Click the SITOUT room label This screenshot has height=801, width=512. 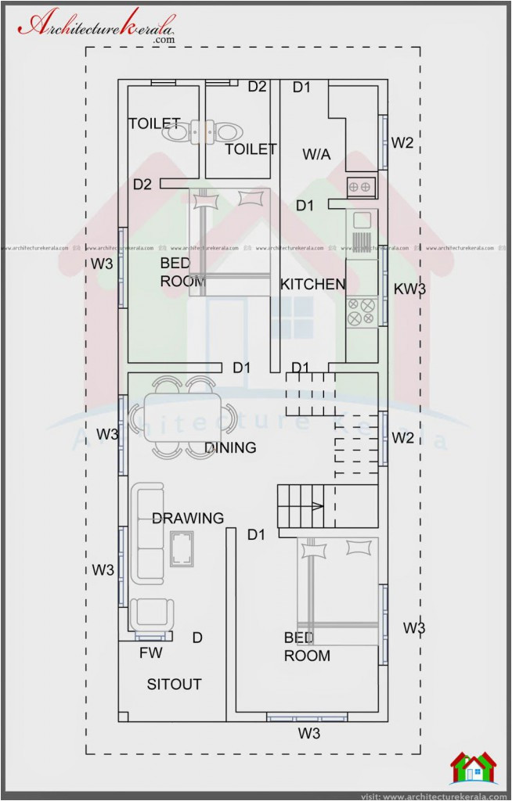(x=174, y=684)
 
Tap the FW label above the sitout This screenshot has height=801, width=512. (x=150, y=653)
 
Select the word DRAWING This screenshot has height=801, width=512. (x=187, y=518)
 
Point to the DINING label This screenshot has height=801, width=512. (x=230, y=448)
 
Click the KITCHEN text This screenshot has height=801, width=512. (x=312, y=284)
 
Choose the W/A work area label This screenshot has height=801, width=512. (x=316, y=155)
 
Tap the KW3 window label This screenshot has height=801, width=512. (x=409, y=289)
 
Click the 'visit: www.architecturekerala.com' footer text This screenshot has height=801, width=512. (x=433, y=796)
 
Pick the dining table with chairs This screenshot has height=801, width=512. (x=182, y=417)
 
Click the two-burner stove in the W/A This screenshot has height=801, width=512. (x=361, y=187)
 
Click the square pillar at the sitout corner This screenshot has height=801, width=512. (x=123, y=717)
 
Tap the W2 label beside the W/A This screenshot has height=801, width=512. (x=402, y=142)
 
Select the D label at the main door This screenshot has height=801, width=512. (x=197, y=638)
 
